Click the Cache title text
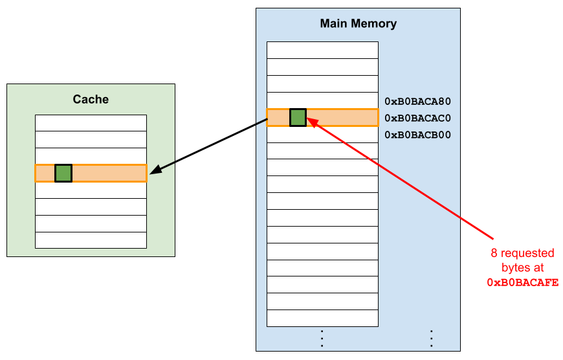tap(91, 99)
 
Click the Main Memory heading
tap(358, 24)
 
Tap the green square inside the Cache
tap(63, 173)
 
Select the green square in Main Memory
tap(298, 117)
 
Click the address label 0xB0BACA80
tap(417, 101)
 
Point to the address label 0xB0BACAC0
tap(417, 118)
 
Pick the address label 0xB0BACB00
tap(417, 135)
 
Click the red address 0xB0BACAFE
tap(522, 282)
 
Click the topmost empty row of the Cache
tap(91, 123)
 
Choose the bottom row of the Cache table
tap(91, 240)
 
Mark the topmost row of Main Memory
tap(322, 50)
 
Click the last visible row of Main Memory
tap(322, 318)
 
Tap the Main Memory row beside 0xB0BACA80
tap(322, 100)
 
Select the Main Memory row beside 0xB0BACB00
tap(322, 134)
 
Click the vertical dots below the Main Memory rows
tap(322, 338)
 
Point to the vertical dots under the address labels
tap(431, 338)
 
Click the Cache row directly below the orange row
tap(91, 190)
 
